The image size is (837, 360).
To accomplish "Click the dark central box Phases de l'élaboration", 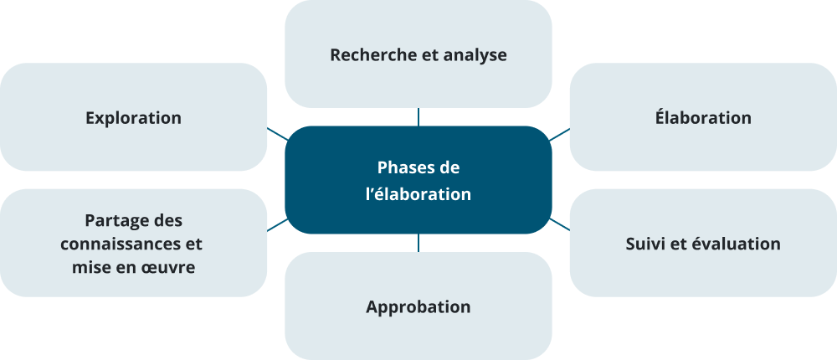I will pyautogui.click(x=418, y=180).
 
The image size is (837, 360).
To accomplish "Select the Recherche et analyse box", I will pyautogui.click(x=418, y=55).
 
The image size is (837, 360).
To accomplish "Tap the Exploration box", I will pyautogui.click(x=134, y=118).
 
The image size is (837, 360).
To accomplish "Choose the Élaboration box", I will pyautogui.click(x=703, y=118).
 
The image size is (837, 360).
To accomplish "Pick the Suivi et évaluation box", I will pyautogui.click(x=703, y=244).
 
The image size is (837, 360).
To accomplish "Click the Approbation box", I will pyautogui.click(x=418, y=306).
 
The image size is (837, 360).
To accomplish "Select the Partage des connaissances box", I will pyautogui.click(x=134, y=244).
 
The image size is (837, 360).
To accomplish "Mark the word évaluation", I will pyautogui.click(x=734, y=244).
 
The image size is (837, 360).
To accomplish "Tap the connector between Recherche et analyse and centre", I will pyautogui.click(x=418, y=116).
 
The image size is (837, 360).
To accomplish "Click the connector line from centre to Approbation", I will pyautogui.click(x=418, y=243).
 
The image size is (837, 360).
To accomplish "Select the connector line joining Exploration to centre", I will pyautogui.click(x=278, y=133).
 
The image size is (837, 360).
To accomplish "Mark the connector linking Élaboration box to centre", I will pyautogui.click(x=559, y=134).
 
